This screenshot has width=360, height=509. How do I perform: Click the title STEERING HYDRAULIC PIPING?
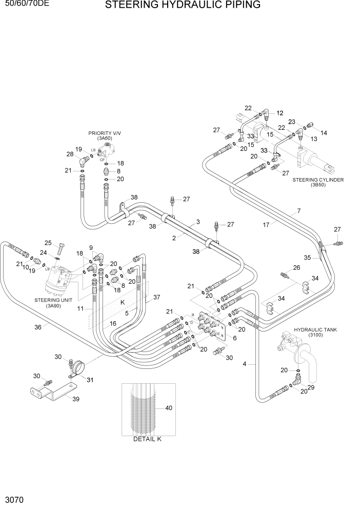[183, 6]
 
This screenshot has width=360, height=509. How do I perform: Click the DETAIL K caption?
[147, 439]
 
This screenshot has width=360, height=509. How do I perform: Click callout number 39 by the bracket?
[76, 399]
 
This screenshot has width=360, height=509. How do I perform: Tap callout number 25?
[48, 243]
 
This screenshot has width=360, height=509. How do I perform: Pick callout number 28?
[70, 154]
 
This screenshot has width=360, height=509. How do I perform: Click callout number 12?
[280, 113]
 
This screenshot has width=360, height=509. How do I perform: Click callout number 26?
[296, 267]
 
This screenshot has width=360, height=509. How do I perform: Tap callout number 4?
[245, 364]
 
